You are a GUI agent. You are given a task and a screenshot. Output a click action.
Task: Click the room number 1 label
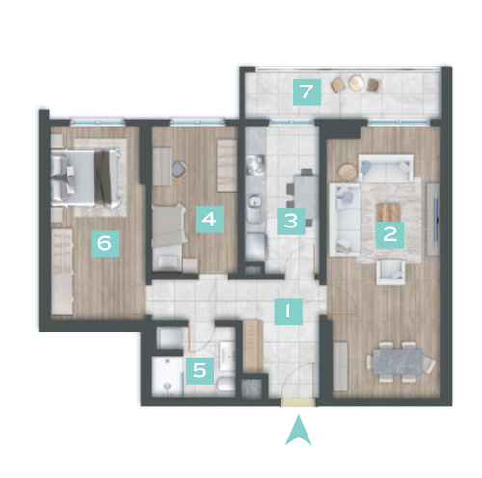[288, 311]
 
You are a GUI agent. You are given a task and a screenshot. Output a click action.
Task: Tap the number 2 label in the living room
[389, 234]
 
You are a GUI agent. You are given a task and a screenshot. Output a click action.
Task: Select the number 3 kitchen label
[291, 222]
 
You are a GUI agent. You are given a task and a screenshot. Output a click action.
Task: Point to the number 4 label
[209, 220]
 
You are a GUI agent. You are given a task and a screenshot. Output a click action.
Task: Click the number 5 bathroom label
[200, 370]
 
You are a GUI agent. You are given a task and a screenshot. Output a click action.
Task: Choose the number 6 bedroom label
[105, 244]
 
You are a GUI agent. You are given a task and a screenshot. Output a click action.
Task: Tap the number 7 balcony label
[307, 92]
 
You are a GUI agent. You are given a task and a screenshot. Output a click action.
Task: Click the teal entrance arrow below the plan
[299, 430]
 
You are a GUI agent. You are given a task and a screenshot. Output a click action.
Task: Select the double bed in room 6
[86, 178]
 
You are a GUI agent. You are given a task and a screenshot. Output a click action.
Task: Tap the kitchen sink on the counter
[255, 201]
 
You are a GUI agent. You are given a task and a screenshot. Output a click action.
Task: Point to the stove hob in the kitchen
[255, 166]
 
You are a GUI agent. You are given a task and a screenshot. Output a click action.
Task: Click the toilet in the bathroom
[226, 385]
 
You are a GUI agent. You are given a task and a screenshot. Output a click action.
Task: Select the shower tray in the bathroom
[168, 376]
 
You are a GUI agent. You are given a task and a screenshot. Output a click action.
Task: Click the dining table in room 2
[398, 362]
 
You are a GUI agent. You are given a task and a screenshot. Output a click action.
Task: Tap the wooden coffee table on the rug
[388, 212]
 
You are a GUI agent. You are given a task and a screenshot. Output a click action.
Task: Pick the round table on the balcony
[356, 82]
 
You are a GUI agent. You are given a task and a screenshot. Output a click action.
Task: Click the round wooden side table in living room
[347, 172]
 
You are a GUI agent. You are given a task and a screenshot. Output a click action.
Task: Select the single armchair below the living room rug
[390, 272]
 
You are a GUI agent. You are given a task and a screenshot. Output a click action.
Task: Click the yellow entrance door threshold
[298, 403]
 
